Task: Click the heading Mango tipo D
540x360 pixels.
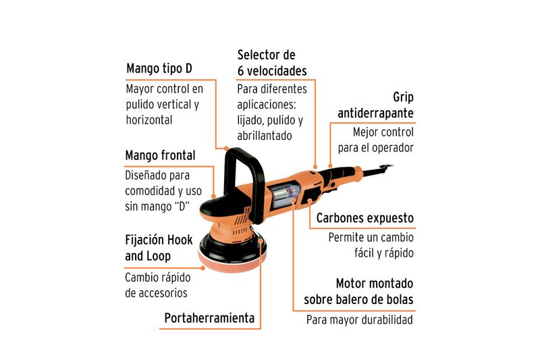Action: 159,68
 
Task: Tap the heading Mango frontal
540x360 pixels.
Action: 160,155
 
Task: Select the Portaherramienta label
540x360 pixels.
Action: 209,318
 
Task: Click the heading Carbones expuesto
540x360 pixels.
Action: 365,218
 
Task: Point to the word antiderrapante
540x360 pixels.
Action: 375,113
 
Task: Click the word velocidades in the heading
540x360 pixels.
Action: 276,71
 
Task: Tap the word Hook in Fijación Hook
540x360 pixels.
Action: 178,240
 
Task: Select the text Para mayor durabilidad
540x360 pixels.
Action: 360,319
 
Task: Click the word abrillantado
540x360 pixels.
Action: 265,136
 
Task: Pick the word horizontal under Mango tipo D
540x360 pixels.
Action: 149,120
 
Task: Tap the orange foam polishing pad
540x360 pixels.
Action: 232,263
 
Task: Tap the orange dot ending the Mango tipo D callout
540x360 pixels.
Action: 226,149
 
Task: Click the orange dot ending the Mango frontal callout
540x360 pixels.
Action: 213,197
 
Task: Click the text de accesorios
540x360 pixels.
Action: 157,293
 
